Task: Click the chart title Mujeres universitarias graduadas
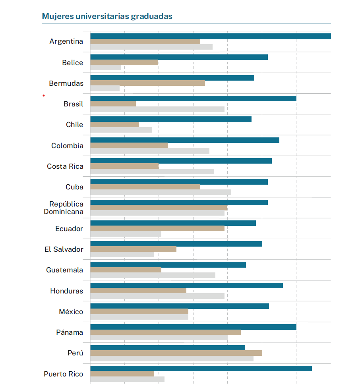107,16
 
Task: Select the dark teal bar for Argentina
211,37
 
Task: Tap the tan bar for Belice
124,62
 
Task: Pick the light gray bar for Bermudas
105,88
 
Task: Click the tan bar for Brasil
113,104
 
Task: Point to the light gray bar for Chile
121,130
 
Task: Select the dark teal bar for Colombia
185,140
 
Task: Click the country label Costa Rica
65,166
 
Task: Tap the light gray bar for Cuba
161,192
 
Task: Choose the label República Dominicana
64,208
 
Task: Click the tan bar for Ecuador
157,228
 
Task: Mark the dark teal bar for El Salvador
176,244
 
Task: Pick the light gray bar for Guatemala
153,275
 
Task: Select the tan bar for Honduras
138,291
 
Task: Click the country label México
71,312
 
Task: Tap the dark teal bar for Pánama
193,327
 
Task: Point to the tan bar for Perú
176,353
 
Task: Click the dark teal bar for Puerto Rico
201,369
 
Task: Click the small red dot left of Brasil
44,96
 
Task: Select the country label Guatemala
65,270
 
